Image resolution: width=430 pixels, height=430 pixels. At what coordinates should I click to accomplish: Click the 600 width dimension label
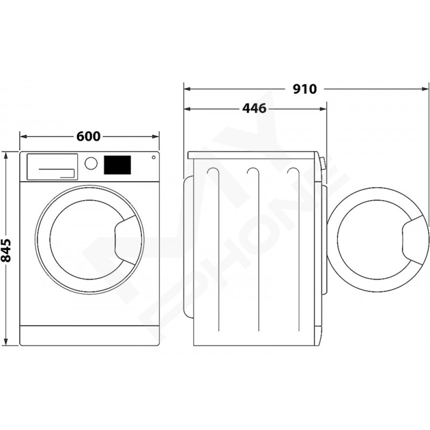pyautogui.click(x=88, y=136)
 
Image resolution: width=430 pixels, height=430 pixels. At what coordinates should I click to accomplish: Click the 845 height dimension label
pyautogui.click(x=6, y=250)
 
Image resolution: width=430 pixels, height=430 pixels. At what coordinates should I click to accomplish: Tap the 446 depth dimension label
pyautogui.click(x=254, y=109)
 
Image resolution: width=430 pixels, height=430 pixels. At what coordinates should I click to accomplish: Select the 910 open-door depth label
pyautogui.click(x=305, y=89)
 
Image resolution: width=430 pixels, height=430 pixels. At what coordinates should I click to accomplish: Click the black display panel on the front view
pyautogui.click(x=117, y=165)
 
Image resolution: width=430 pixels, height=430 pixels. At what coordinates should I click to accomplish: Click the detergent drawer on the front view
pyautogui.click(x=52, y=167)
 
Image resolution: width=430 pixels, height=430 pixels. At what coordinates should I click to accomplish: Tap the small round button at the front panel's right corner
pyautogui.click(x=154, y=157)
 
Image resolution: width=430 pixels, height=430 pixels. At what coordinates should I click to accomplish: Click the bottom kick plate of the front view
pyautogui.click(x=89, y=335)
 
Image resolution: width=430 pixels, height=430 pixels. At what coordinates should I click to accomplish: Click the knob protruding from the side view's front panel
pyautogui.click(x=323, y=163)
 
